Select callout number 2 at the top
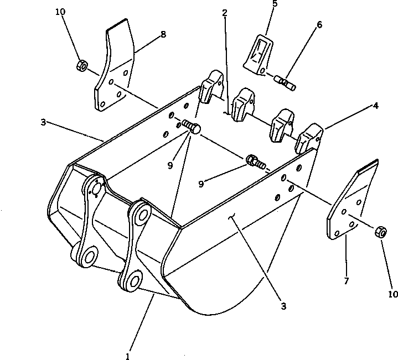(225, 12)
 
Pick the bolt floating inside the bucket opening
(257, 161)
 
